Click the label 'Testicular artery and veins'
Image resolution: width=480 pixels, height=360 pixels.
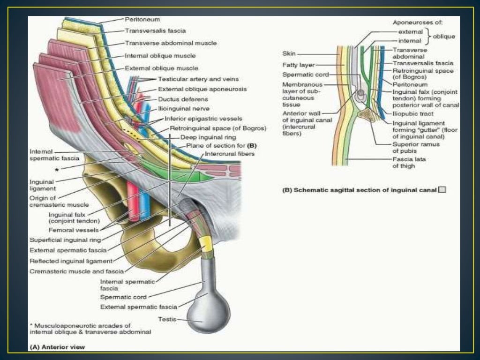tap(198, 79)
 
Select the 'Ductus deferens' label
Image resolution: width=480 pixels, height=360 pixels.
tap(183, 99)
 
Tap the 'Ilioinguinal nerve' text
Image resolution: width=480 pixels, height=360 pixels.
tap(180, 109)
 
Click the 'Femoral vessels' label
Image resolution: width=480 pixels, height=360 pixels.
tap(74, 230)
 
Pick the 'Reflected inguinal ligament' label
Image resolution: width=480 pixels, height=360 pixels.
tap(71, 261)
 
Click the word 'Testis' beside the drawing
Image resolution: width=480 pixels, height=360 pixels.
tap(166, 319)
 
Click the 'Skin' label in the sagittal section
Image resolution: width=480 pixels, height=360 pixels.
tap(289, 53)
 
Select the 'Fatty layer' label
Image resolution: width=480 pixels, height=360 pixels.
tap(299, 65)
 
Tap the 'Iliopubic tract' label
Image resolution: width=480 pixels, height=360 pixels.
tap(412, 113)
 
